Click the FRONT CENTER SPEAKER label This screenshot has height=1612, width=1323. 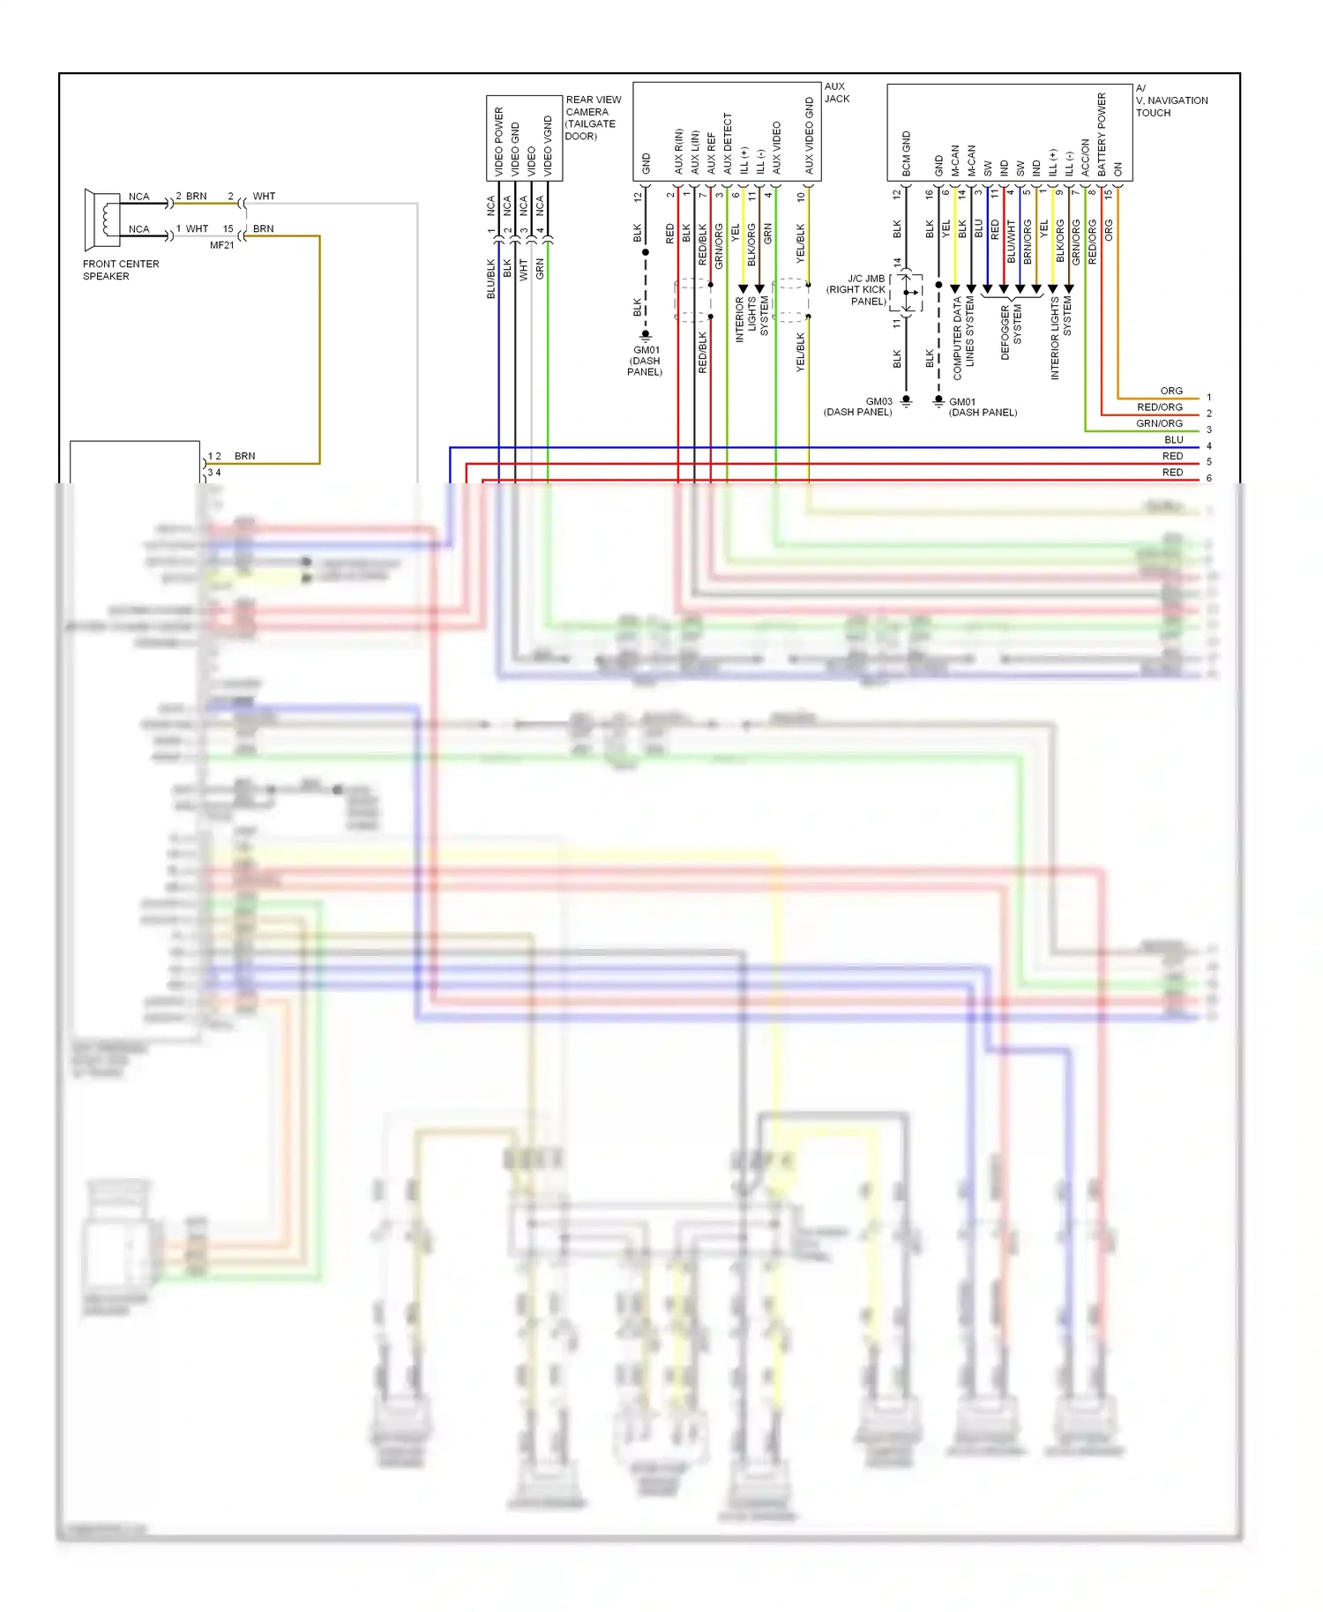pos(121,270)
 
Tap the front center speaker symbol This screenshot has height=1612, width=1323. pos(102,219)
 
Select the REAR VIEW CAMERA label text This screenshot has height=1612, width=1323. pos(593,117)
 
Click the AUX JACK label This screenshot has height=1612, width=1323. pos(836,93)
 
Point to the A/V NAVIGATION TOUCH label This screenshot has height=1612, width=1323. pos(1170,101)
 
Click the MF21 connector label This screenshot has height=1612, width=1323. pos(221,245)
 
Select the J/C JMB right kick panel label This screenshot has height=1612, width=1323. pos(856,289)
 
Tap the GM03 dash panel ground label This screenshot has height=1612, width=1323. pos(859,407)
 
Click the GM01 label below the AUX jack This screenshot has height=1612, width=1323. pos(646,361)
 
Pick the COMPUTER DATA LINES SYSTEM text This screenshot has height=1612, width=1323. pos(963,338)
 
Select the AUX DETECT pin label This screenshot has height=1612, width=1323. pos(728,143)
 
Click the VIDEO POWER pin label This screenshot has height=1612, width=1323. pos(498,141)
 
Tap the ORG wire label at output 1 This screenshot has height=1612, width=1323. pos(1171,391)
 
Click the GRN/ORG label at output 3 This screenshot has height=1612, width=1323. pos(1159,423)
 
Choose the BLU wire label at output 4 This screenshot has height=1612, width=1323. pos(1173,439)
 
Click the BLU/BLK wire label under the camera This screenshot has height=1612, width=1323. pos(491,278)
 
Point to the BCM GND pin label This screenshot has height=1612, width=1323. pos(906,153)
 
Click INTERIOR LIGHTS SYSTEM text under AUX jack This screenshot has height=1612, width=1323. pos(751,318)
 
